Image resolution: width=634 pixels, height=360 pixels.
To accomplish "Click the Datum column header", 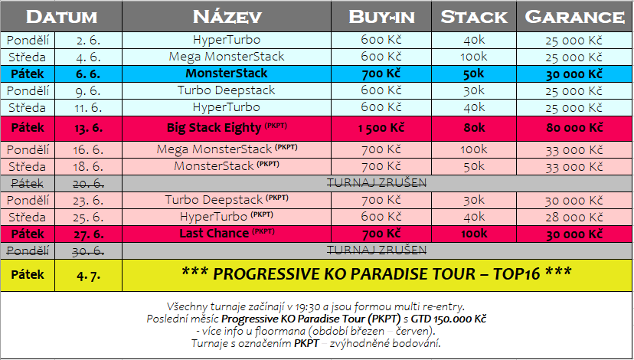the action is pyautogui.click(x=61, y=17).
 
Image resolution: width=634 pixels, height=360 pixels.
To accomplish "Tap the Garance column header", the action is pyautogui.click(x=574, y=17).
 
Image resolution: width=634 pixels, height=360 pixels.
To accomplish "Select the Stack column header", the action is pyautogui.click(x=474, y=17).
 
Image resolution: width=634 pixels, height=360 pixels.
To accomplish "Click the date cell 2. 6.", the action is pyautogui.click(x=88, y=40).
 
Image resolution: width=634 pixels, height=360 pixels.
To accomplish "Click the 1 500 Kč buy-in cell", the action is pyautogui.click(x=381, y=128).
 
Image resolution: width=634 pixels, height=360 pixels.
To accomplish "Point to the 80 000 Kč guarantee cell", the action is pyautogui.click(x=574, y=128).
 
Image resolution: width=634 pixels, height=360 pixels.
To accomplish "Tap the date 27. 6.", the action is pyautogui.click(x=88, y=234).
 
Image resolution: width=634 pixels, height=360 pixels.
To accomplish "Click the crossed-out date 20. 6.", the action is pyautogui.click(x=88, y=184).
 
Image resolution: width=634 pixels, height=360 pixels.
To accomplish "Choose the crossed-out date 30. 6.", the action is pyautogui.click(x=88, y=251).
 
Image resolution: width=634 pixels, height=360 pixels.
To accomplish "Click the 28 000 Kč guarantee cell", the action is pyautogui.click(x=574, y=218).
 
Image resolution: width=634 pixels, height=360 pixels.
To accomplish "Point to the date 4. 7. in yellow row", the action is pyautogui.click(x=88, y=276).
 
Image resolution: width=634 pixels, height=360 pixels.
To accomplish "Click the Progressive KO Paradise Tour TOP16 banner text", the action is pyautogui.click(x=377, y=274).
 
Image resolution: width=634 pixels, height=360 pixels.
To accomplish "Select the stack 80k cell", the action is pyautogui.click(x=474, y=128).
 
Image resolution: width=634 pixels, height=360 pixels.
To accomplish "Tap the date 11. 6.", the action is pyautogui.click(x=88, y=108).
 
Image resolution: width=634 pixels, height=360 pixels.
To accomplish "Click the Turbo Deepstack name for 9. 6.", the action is pyautogui.click(x=227, y=90).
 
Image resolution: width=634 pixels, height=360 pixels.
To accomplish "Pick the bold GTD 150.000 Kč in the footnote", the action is pyautogui.click(x=449, y=319).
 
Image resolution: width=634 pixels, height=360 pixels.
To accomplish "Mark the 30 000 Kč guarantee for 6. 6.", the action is pyautogui.click(x=574, y=74).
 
